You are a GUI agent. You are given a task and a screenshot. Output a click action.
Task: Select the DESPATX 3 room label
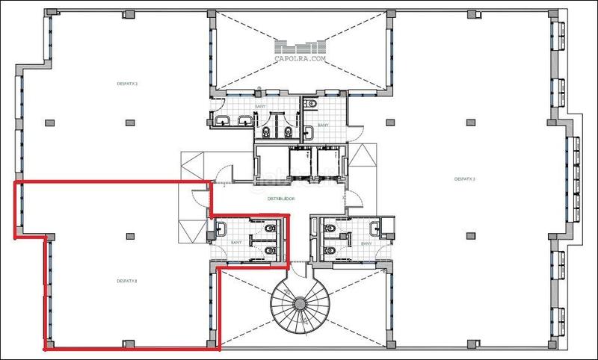click(465, 179)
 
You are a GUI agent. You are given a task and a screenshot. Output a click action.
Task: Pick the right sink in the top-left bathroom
click(241, 121)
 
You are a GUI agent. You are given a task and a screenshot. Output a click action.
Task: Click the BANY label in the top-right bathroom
click(323, 125)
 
